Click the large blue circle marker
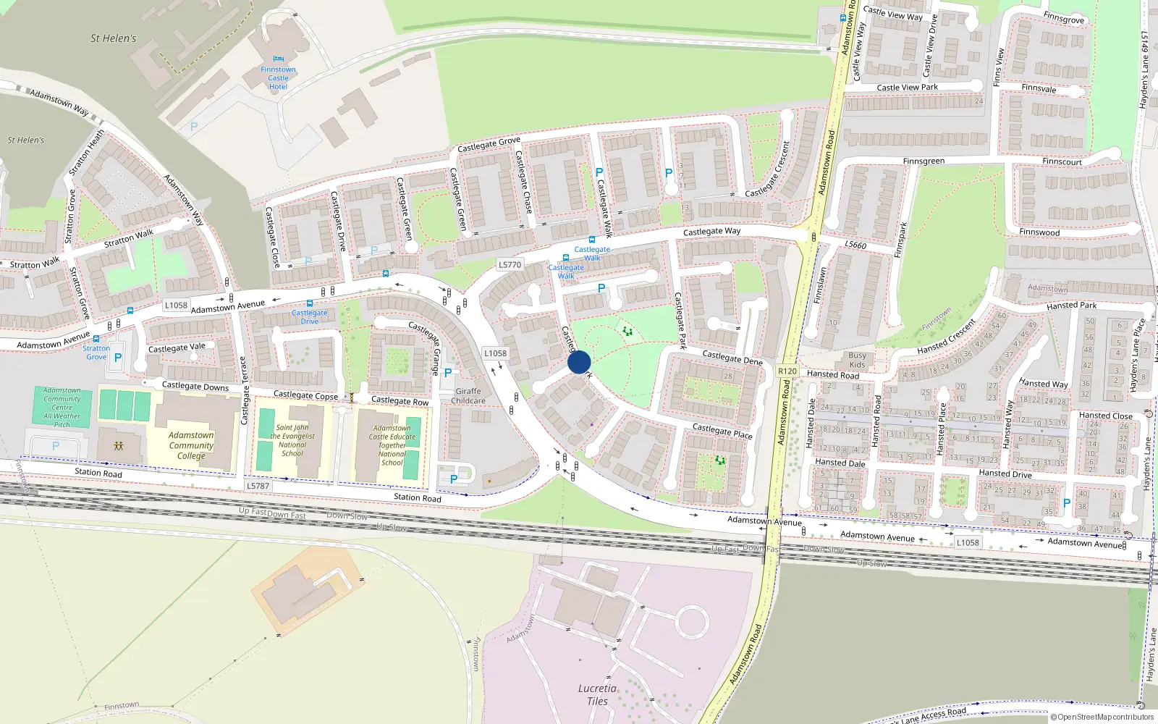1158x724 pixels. point(579,362)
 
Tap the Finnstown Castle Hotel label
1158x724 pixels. point(278,78)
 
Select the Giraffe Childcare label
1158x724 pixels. point(468,396)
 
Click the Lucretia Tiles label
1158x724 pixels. point(597,694)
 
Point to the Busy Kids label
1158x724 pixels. point(857,360)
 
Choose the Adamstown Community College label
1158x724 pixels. point(191,445)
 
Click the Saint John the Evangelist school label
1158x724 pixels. point(292,440)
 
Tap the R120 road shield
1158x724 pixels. point(787,371)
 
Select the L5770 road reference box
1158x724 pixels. point(510,265)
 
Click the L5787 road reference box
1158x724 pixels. point(258,486)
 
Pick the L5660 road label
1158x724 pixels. point(855,245)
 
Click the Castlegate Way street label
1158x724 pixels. point(711,232)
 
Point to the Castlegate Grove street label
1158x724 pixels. point(489,144)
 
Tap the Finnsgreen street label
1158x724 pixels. point(924,161)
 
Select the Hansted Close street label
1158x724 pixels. point(1105,416)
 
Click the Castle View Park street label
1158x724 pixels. point(907,88)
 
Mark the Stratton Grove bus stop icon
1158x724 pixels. point(96,338)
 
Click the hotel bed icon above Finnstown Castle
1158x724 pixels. point(279,59)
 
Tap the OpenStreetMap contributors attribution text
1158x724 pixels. point(1102,717)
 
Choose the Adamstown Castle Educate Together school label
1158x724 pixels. point(392,445)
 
